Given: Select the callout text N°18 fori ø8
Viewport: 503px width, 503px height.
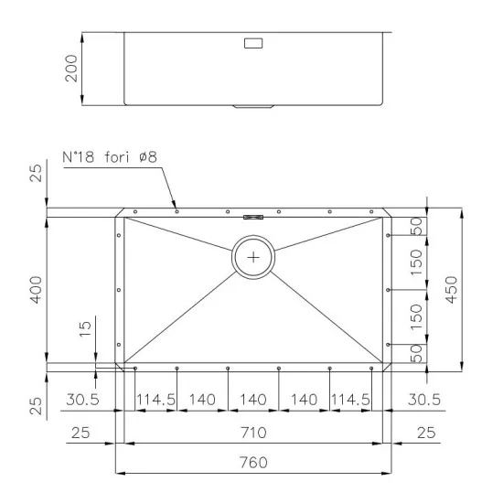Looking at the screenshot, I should click(110, 157).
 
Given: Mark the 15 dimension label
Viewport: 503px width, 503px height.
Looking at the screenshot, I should click(84, 328).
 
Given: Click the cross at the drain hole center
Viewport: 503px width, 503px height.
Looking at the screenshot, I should click(253, 258).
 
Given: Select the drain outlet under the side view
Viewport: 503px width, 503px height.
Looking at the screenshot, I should click(253, 107).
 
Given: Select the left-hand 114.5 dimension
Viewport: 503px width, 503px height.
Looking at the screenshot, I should click(155, 401).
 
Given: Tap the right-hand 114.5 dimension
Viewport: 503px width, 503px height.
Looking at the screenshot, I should click(349, 401).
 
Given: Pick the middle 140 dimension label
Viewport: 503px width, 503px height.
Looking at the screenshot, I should click(253, 401).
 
